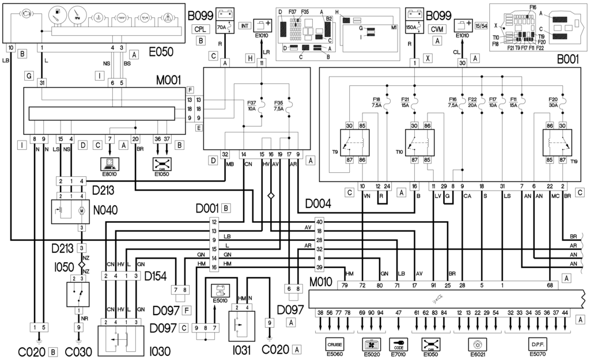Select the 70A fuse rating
point(220,26)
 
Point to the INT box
point(244,26)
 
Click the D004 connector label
point(317,204)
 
